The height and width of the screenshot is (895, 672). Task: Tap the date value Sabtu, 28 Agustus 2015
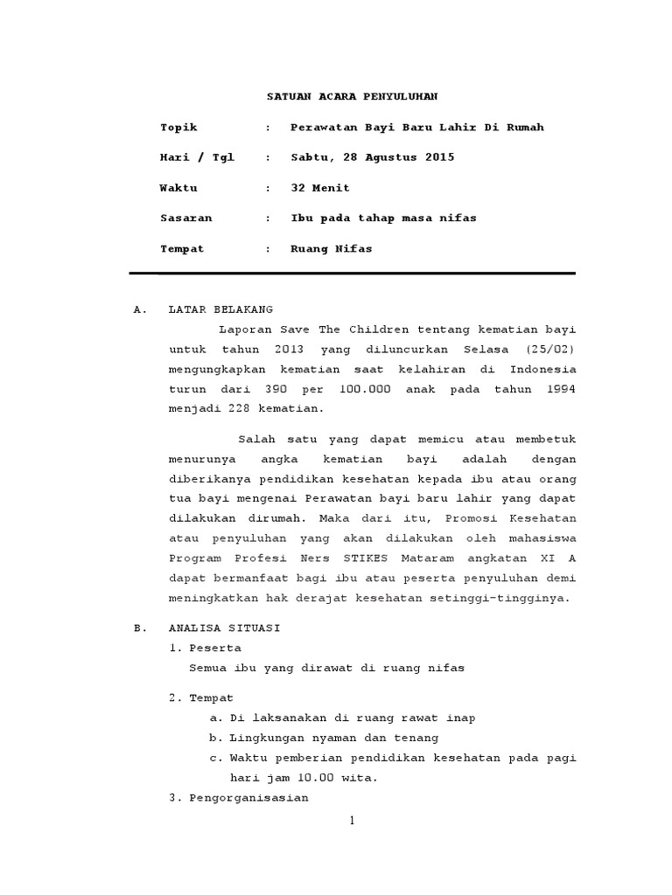pos(372,158)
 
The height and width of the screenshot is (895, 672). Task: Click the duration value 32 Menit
pos(319,188)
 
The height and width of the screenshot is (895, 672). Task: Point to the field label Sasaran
pos(185,219)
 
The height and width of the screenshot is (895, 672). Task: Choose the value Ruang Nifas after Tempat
pos(331,249)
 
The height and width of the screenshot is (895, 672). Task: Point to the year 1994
pos(559,388)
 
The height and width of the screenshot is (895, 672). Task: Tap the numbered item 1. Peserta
pos(205,648)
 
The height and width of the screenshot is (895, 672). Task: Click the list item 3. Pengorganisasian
pos(238,798)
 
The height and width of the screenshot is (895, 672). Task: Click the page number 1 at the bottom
pos(351,822)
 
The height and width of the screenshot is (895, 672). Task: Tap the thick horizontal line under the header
pos(352,274)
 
